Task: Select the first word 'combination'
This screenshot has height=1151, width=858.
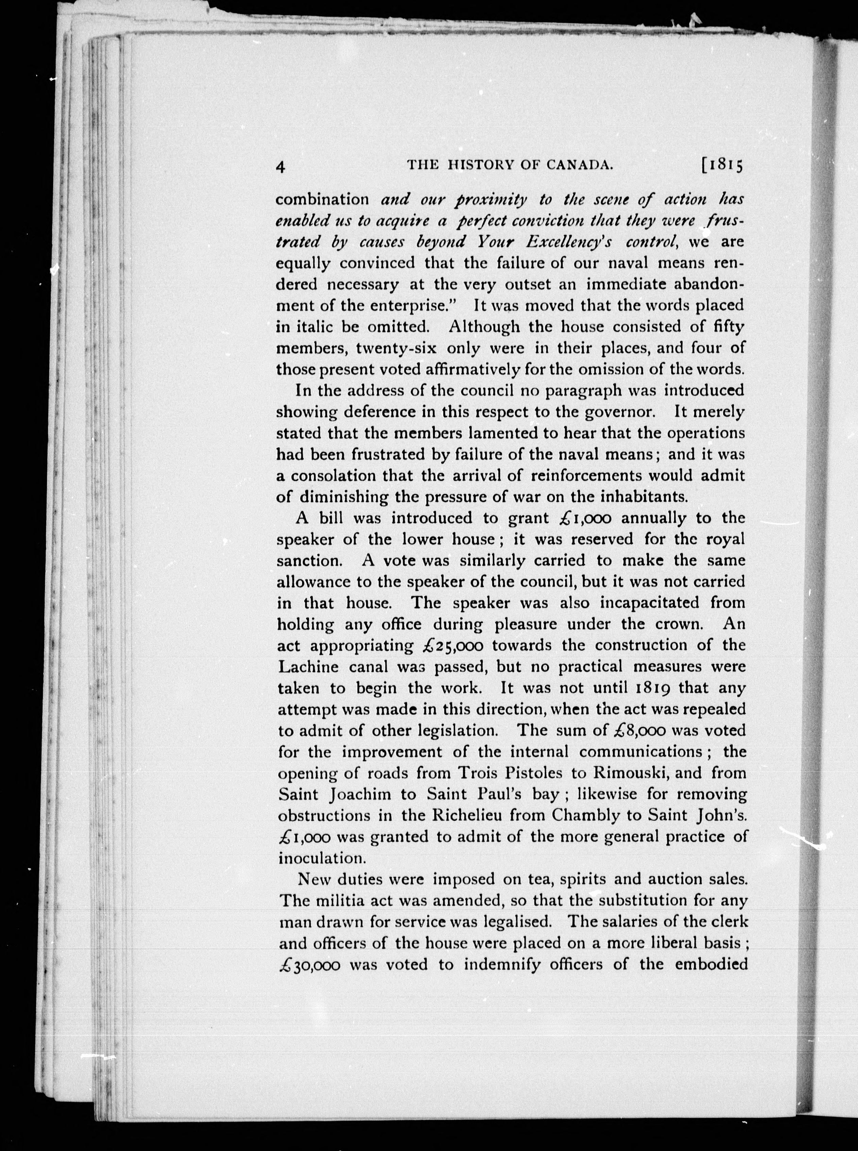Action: tap(322, 200)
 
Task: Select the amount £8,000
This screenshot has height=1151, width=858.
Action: tap(639, 731)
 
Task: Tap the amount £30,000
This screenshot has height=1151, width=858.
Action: tap(310, 965)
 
